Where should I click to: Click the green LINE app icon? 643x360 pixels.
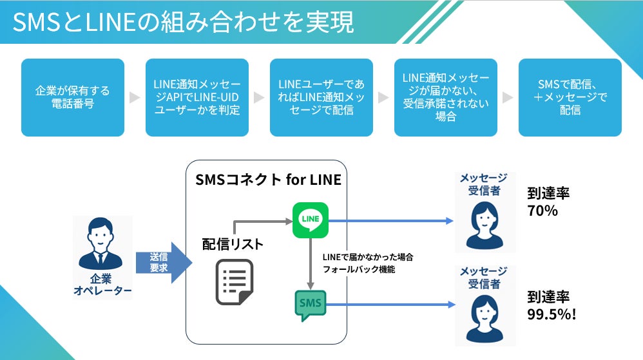click(x=311, y=220)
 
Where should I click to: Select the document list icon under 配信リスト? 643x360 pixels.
click(x=235, y=282)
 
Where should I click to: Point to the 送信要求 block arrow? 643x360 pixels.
click(x=164, y=262)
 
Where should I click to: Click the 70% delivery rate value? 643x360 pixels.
click(x=542, y=211)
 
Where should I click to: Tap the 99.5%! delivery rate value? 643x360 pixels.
click(x=552, y=314)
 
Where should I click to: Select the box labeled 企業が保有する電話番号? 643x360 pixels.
click(x=73, y=98)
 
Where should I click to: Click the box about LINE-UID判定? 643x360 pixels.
click(x=197, y=98)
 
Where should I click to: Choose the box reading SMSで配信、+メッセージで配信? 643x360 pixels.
click(x=570, y=98)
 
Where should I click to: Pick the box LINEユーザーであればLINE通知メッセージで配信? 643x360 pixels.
click(x=321, y=98)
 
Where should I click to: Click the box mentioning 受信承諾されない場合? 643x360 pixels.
click(x=446, y=98)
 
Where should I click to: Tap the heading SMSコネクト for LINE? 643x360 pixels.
click(x=268, y=180)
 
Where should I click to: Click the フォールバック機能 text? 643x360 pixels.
click(x=359, y=269)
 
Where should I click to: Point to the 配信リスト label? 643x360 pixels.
click(x=233, y=244)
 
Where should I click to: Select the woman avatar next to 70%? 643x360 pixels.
click(x=485, y=225)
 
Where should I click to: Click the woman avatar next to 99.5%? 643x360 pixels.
click(x=485, y=319)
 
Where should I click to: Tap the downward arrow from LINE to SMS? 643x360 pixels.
click(x=311, y=264)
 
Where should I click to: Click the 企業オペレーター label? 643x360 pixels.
click(x=102, y=285)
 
